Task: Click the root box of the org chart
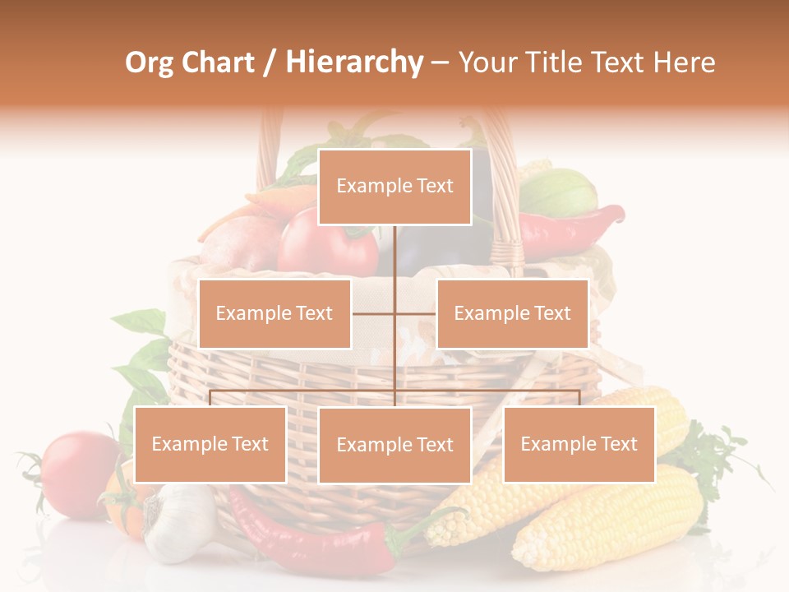[394, 187]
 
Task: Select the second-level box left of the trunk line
[275, 313]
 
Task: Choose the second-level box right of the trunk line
[512, 313]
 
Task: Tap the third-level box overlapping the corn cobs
[579, 444]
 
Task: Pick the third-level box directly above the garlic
[210, 444]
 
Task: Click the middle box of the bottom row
[394, 445]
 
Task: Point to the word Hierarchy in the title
[354, 62]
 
